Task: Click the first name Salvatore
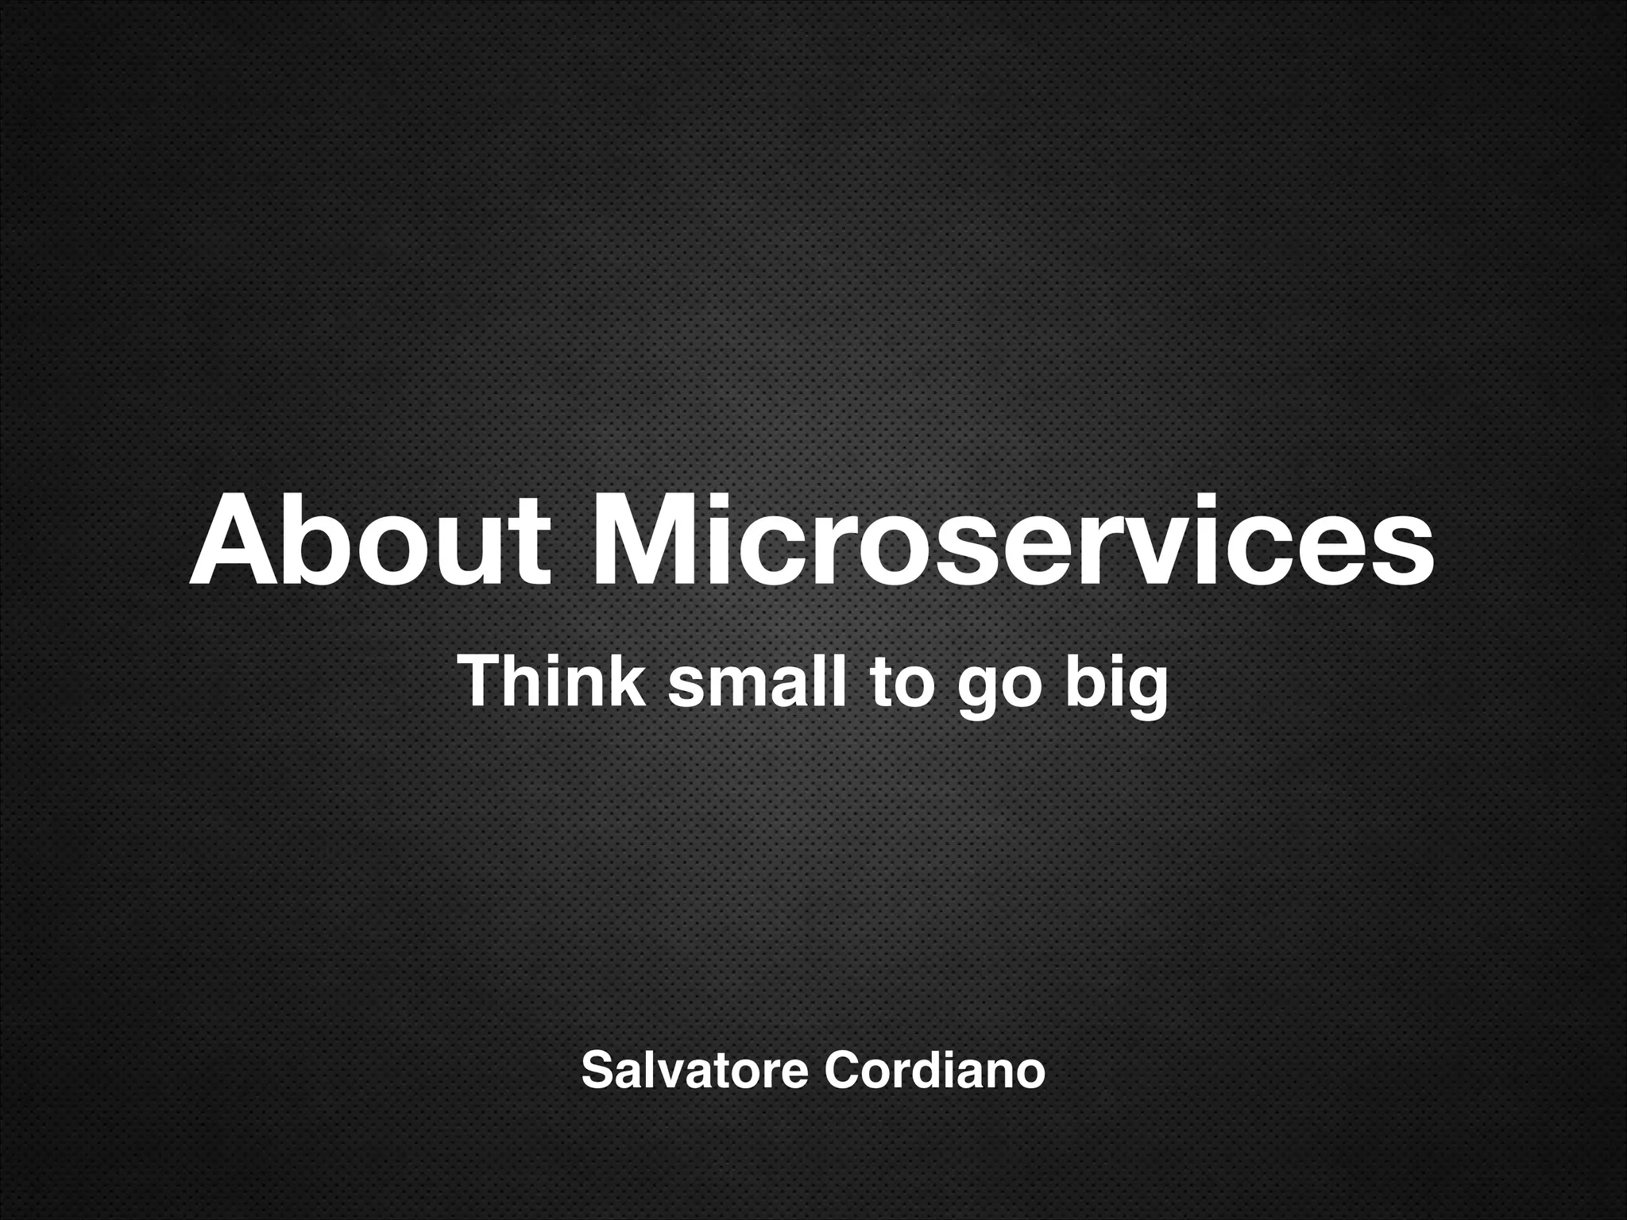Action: click(x=695, y=1071)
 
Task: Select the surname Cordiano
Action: click(x=934, y=1071)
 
